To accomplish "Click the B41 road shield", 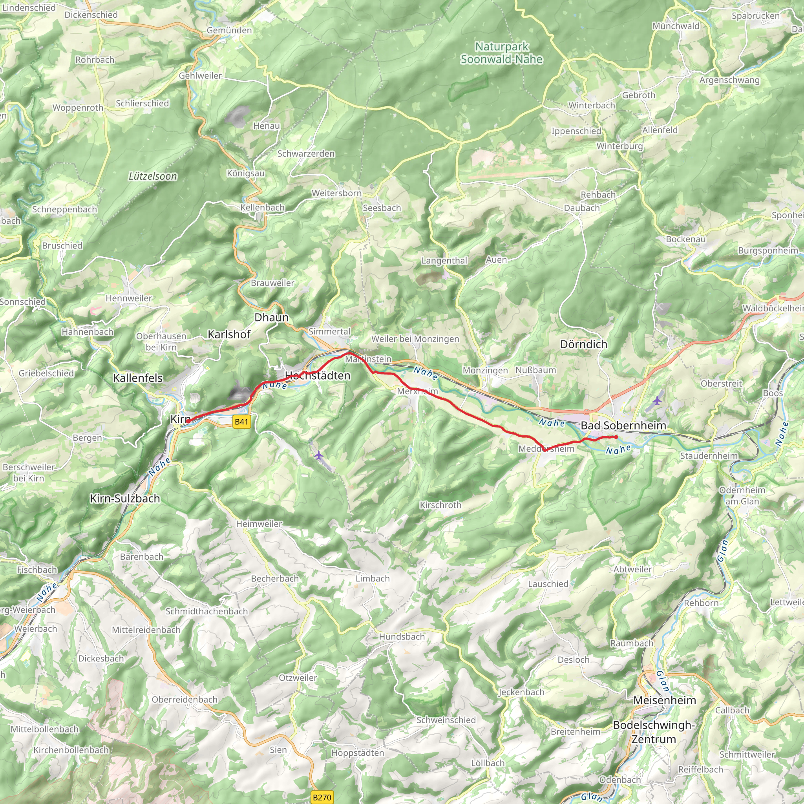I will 241,422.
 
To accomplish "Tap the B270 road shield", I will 322,797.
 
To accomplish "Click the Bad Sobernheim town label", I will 623,425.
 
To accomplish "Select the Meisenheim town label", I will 664,700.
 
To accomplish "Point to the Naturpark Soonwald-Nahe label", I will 501,53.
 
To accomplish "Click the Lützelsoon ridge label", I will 153,176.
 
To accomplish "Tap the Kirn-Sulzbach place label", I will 125,499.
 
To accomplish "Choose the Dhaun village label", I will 271,318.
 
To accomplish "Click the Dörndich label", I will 583,344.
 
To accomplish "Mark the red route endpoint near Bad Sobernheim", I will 616,437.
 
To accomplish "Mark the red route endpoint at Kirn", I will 188,421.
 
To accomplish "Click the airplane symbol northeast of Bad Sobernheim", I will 657,401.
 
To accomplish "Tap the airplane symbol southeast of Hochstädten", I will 319,455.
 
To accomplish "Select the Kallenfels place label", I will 138,378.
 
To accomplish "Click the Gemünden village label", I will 229,30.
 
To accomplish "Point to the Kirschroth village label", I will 440,505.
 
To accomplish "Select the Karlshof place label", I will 229,334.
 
